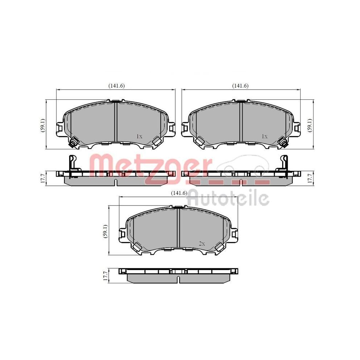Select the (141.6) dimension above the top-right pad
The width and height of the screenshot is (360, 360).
point(240,86)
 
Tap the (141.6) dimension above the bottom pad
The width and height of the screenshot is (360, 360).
point(179,193)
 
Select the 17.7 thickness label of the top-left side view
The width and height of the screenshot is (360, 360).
point(43,178)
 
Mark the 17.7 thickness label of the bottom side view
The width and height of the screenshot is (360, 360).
point(105,276)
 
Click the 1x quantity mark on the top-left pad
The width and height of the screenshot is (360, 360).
point(140,136)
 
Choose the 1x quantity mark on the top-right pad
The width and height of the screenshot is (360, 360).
point(265,136)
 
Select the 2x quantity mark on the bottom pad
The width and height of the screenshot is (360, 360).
point(202,244)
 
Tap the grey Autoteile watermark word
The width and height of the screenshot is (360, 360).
point(229,198)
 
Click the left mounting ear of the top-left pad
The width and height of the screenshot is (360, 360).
point(60,128)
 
